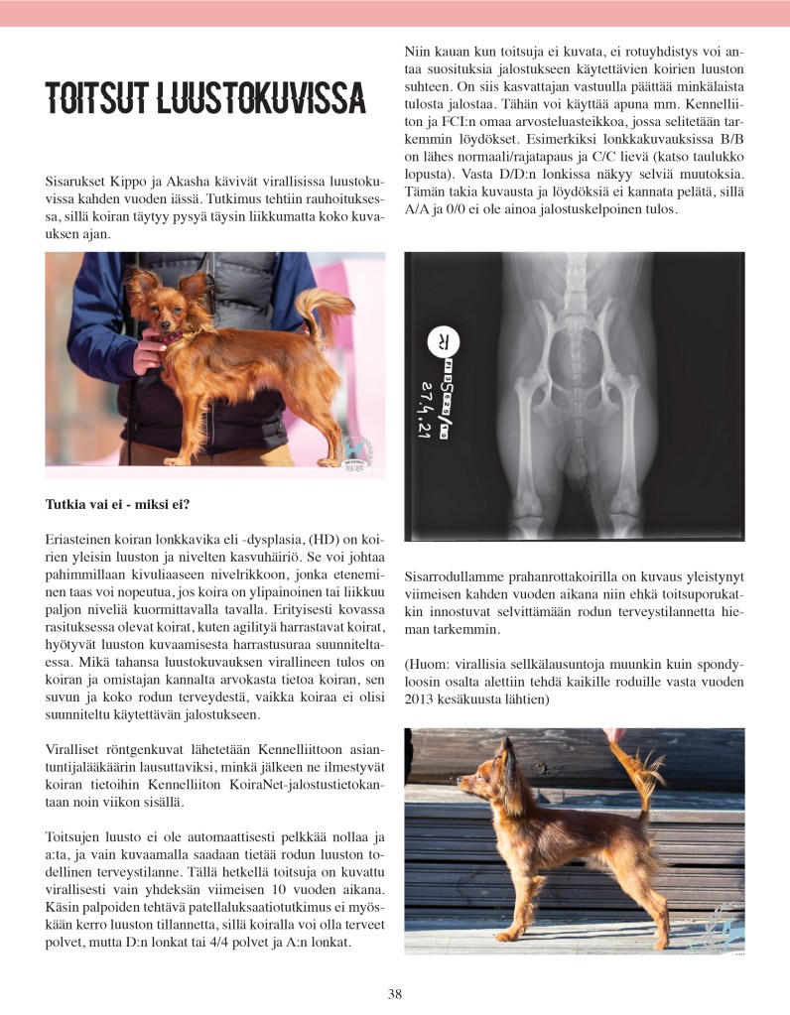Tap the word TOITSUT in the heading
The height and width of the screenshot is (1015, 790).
coord(93,98)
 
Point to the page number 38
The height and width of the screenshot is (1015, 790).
coord(395,994)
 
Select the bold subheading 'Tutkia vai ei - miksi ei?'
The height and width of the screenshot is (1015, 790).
coord(117,505)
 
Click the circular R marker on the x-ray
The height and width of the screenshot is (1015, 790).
coord(438,341)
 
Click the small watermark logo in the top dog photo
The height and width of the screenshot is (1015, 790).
coord(354,451)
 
